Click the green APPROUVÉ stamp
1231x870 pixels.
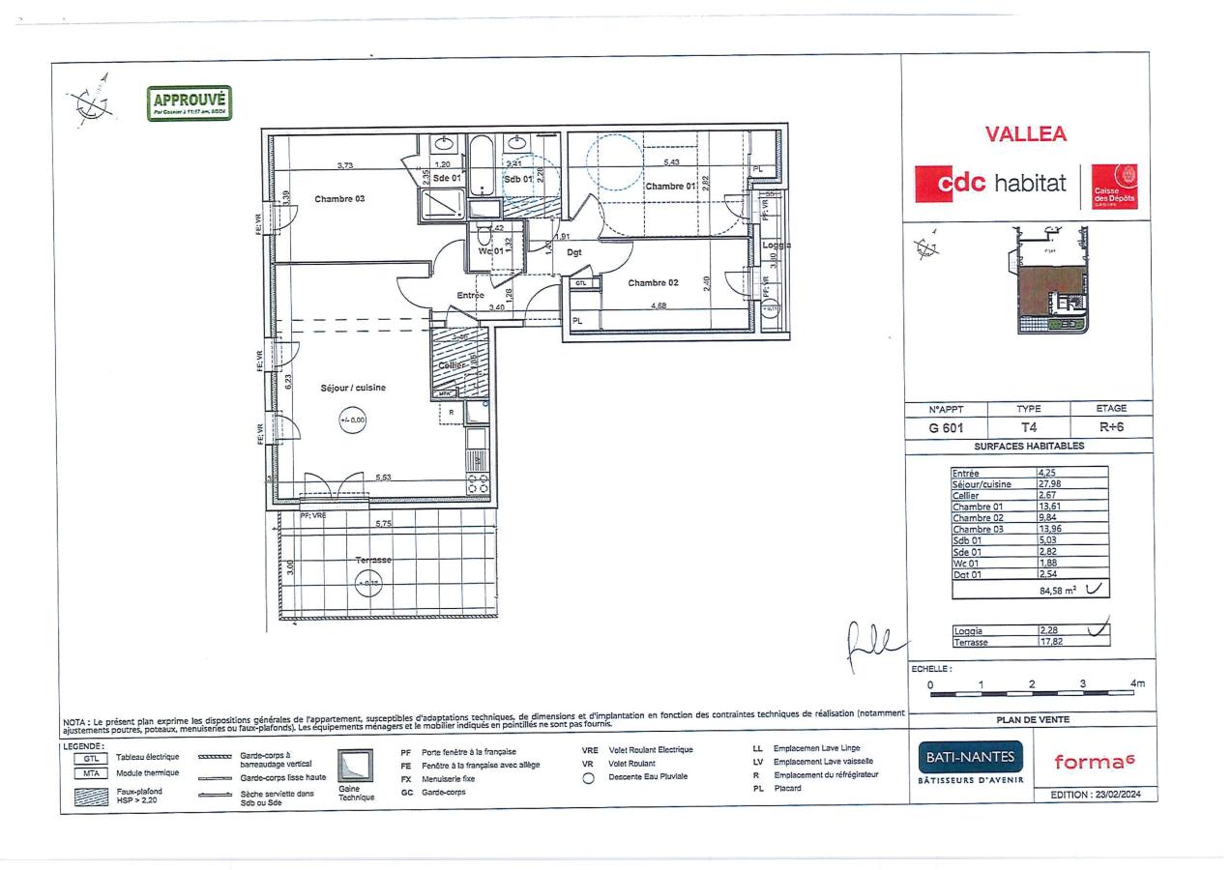click(190, 102)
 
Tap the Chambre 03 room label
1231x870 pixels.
click(338, 199)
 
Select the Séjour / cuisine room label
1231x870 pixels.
click(353, 388)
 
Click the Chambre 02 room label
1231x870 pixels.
click(654, 283)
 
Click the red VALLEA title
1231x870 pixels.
click(1025, 135)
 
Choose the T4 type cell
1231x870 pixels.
click(1028, 428)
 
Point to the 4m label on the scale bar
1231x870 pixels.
click(1137, 684)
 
